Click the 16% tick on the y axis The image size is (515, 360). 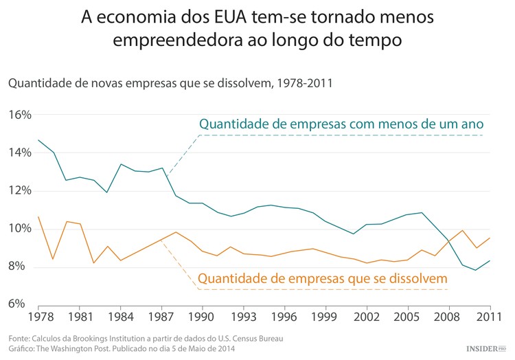click(20, 115)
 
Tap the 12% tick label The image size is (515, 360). click(20, 190)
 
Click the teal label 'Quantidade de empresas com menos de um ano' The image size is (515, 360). click(341, 124)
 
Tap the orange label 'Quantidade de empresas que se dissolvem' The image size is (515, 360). click(323, 278)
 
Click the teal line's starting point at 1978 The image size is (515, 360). click(38, 140)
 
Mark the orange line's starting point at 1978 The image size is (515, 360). click(38, 216)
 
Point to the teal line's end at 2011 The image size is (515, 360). click(490, 260)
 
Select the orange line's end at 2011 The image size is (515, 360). click(490, 238)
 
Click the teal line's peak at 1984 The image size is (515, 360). click(120, 164)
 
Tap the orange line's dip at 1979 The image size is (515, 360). click(53, 259)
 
